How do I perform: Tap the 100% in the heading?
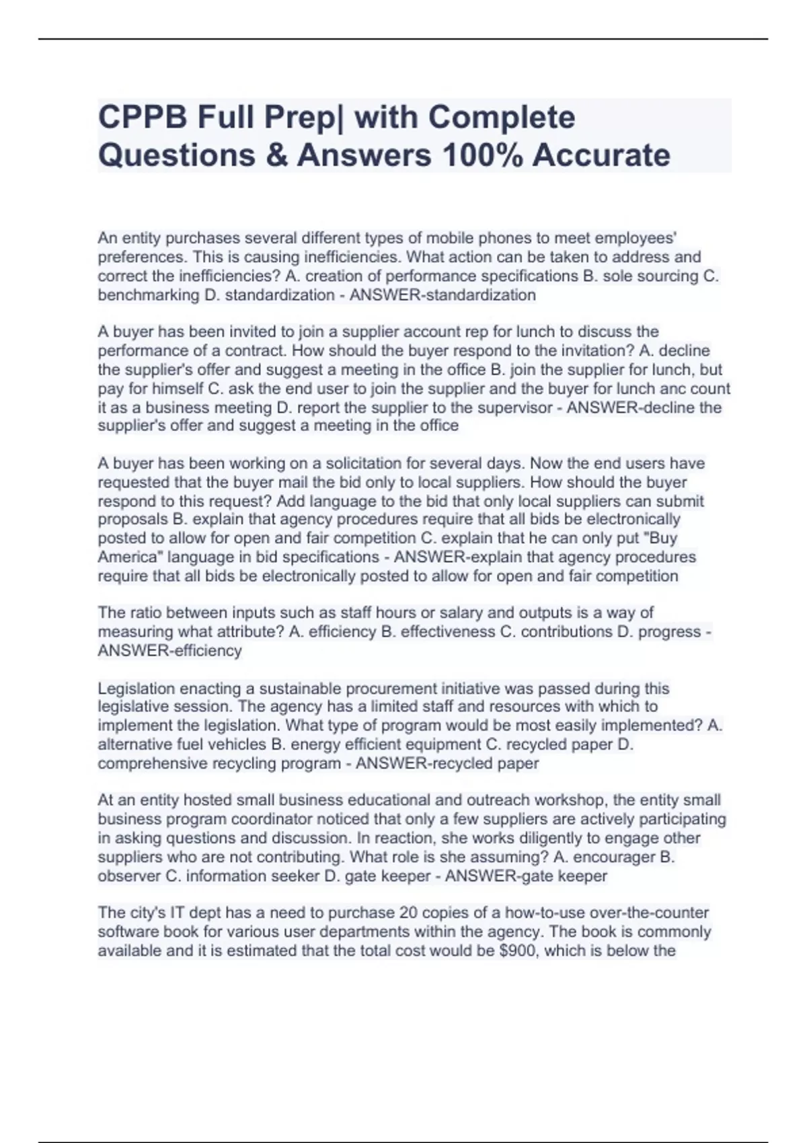click(x=482, y=155)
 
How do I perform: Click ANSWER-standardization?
click(x=443, y=295)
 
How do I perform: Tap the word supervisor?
click(x=515, y=407)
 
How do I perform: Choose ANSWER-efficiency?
click(x=169, y=651)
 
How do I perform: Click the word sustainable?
click(x=304, y=688)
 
